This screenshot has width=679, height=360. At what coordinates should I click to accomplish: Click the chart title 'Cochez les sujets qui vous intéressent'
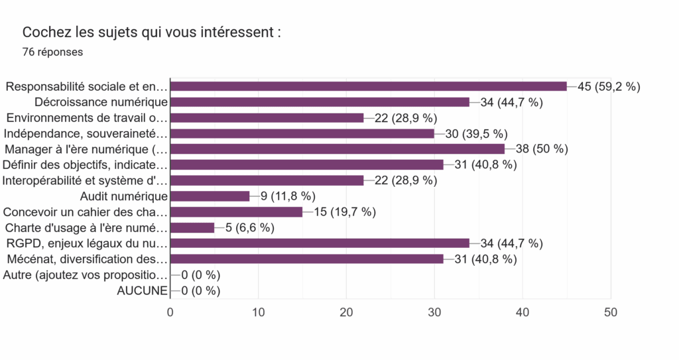click(x=152, y=32)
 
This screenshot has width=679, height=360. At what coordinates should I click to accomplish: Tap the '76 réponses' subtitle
click(x=52, y=52)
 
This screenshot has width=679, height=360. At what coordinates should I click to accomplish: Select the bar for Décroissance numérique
click(x=320, y=102)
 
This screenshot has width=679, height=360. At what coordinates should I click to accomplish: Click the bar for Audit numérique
click(x=210, y=196)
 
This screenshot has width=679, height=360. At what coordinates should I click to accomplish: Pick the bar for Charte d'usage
click(x=192, y=227)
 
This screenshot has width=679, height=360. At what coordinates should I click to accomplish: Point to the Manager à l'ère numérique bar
click(x=338, y=149)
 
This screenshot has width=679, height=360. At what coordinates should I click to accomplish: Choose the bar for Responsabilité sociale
click(x=368, y=86)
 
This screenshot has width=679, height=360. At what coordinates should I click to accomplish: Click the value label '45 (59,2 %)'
click(x=609, y=86)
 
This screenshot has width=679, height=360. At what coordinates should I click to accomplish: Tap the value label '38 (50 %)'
click(x=542, y=149)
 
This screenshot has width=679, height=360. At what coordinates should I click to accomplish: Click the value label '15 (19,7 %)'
click(x=345, y=212)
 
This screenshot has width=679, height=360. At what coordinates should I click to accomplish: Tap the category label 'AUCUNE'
click(x=141, y=290)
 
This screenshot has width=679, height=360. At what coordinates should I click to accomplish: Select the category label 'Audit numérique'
click(x=123, y=196)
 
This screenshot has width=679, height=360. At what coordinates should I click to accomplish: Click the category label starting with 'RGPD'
click(x=86, y=243)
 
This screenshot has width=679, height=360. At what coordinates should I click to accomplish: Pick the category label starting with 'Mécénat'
click(x=86, y=259)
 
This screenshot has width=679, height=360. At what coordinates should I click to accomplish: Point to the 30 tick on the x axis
click(x=434, y=312)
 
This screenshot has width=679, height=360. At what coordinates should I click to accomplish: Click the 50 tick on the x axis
click(x=611, y=312)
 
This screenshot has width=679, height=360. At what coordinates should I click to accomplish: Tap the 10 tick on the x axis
click(x=259, y=312)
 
